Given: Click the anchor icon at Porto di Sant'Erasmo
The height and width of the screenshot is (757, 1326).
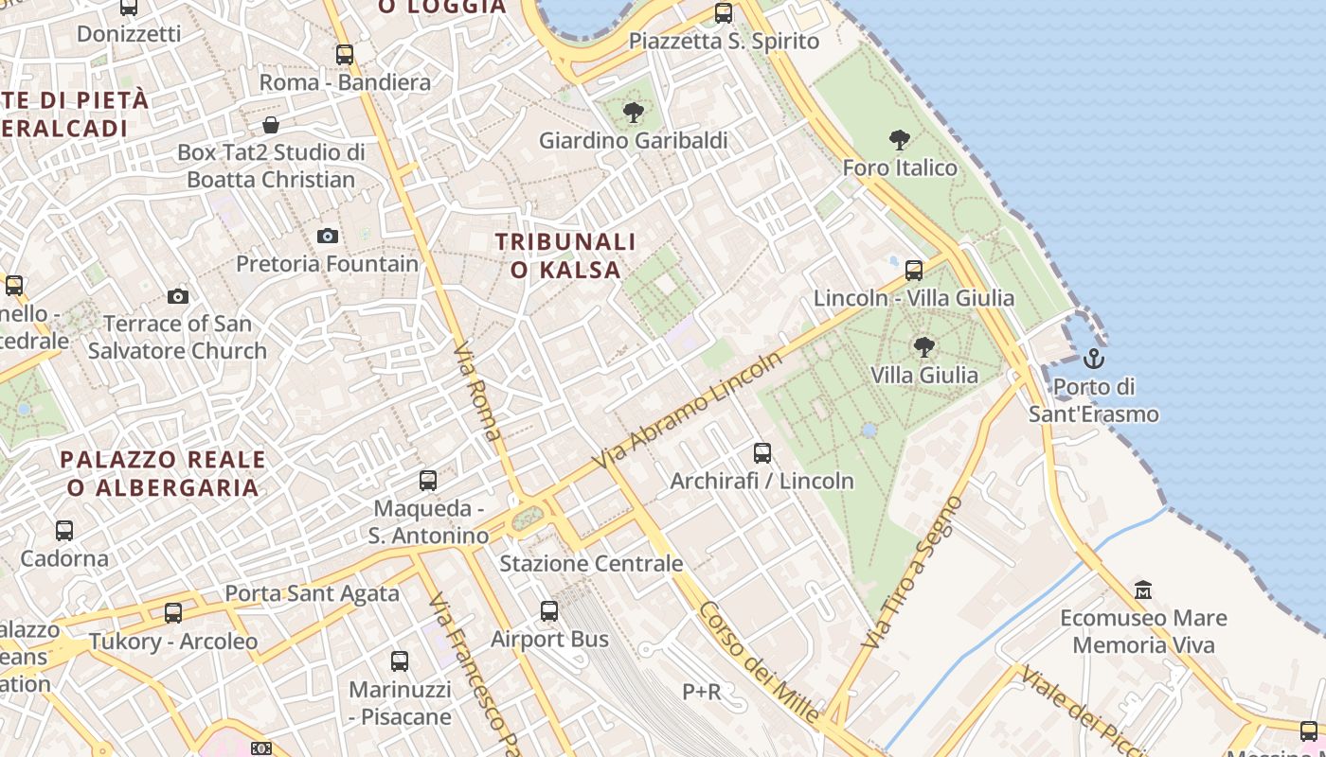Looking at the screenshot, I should click(x=1094, y=359).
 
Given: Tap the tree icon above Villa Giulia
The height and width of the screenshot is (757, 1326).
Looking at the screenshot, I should click(x=924, y=347).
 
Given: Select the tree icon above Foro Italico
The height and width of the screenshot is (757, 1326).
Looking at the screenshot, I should click(x=900, y=141).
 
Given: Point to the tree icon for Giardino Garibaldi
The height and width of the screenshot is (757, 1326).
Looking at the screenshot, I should click(x=633, y=114).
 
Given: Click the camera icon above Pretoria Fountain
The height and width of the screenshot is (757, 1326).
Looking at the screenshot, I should click(x=328, y=236).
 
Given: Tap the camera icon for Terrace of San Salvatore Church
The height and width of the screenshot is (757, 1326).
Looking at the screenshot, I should click(x=177, y=296).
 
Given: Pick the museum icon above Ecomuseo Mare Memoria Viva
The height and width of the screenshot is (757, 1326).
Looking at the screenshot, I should click(x=1143, y=590).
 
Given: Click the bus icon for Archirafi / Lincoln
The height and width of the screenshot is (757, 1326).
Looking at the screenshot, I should click(x=762, y=453).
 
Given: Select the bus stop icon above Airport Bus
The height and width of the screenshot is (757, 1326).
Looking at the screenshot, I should click(x=549, y=611).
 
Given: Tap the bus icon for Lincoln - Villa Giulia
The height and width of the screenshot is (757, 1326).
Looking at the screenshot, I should click(x=914, y=271).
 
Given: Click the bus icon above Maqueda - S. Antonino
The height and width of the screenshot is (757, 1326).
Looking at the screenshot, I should click(x=428, y=481).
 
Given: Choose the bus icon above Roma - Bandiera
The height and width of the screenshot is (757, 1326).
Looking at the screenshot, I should click(x=345, y=55).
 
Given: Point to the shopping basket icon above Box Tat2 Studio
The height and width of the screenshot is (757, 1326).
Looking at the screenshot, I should click(x=271, y=125).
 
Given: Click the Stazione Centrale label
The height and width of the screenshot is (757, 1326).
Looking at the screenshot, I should click(x=591, y=564).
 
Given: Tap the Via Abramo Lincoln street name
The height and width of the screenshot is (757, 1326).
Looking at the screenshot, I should click(x=689, y=410).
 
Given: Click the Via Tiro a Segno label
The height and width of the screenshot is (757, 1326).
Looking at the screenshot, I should click(x=913, y=572).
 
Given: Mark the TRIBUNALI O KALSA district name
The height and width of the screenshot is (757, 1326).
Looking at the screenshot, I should click(x=565, y=255).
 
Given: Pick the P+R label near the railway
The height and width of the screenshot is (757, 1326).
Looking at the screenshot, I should click(x=702, y=692).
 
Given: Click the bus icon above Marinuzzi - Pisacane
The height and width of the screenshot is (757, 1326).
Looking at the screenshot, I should click(x=400, y=661).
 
